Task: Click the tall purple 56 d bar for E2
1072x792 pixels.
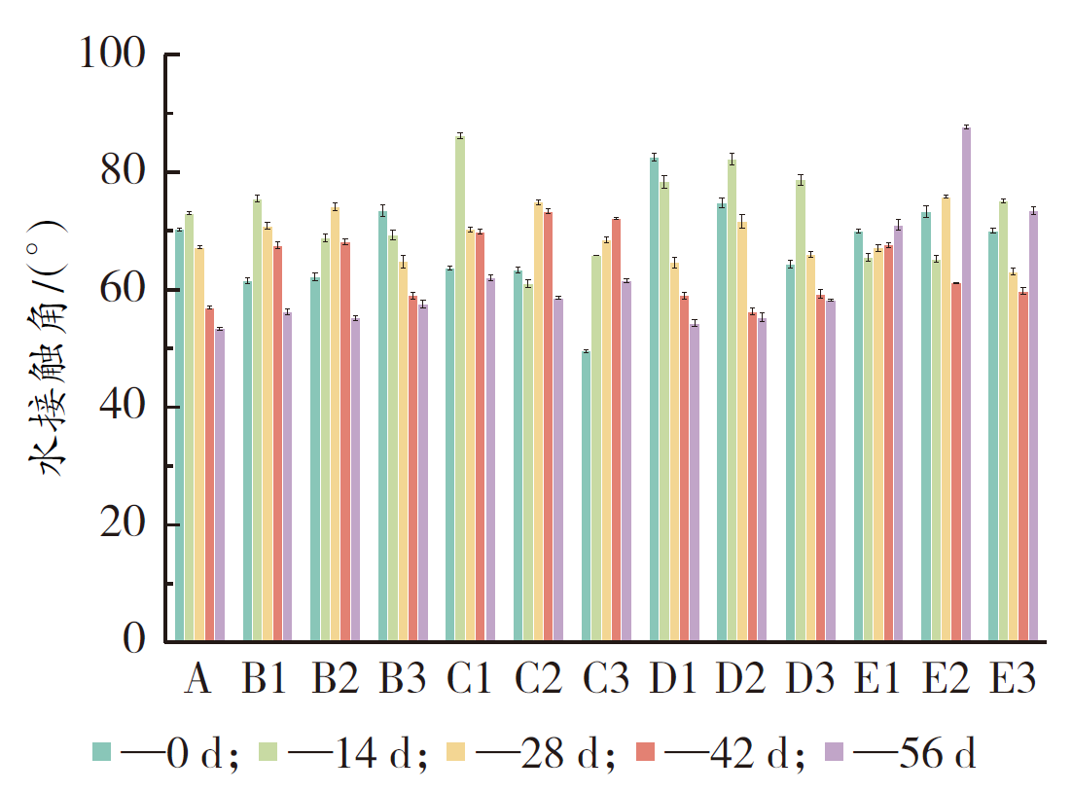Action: pos(966,384)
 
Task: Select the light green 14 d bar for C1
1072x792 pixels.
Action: pos(460,389)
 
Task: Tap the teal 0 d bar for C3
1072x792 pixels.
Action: pos(586,496)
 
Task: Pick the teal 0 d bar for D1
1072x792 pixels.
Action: pos(655,399)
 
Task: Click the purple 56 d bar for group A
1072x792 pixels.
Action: pos(220,485)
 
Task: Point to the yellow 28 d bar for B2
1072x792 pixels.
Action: pos(335,424)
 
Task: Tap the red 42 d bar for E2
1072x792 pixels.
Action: pos(955,462)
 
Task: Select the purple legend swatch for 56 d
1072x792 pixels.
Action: pos(834,751)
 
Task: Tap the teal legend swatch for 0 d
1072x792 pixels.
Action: pos(102,751)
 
